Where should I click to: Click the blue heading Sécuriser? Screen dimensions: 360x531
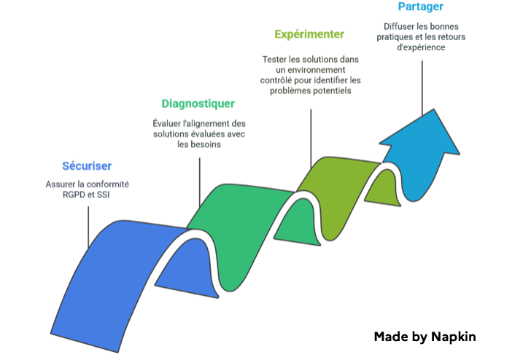coord(87,166)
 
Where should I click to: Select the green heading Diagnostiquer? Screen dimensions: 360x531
coord(198,104)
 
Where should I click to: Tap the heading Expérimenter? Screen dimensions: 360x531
coord(309,34)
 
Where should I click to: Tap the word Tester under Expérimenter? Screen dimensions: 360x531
coord(276,58)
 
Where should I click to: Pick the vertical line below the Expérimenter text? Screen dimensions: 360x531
coord(311,138)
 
